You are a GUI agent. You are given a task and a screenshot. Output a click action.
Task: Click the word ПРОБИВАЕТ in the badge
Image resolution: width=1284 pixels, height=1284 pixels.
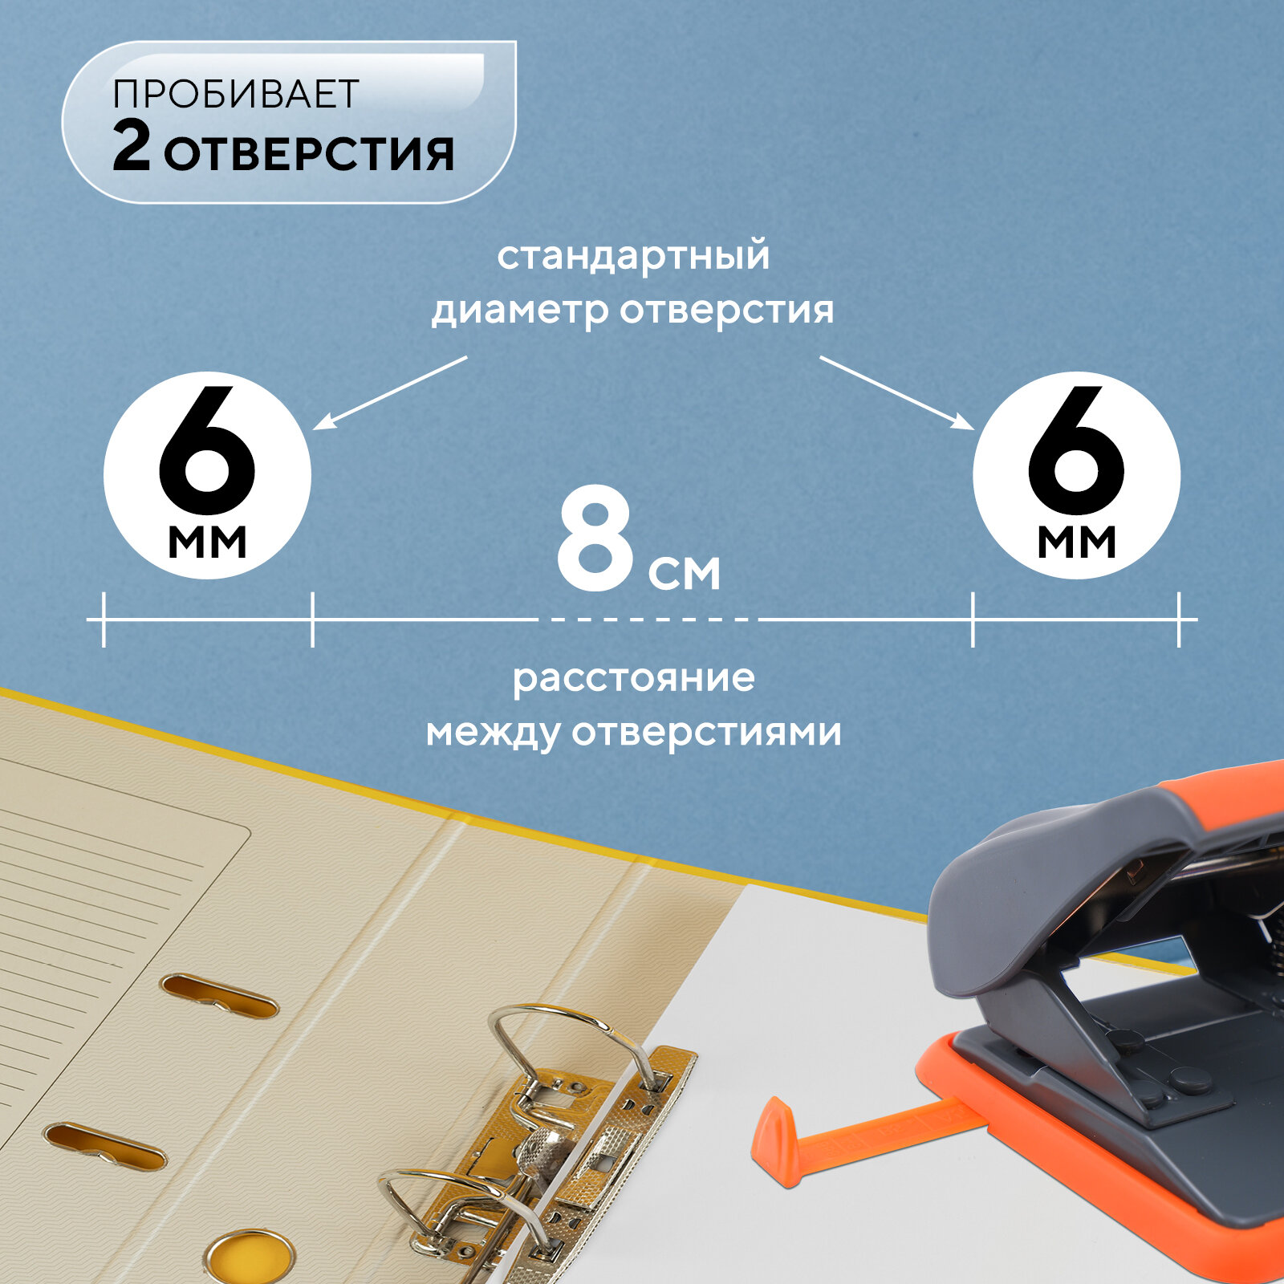[x=235, y=94]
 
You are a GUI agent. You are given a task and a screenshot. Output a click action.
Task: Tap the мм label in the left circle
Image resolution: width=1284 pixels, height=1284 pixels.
[x=207, y=542]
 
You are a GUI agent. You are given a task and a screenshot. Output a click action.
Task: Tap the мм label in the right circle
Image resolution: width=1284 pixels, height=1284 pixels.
[x=1076, y=542]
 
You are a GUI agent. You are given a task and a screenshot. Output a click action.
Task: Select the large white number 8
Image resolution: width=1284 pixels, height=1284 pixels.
[x=595, y=542]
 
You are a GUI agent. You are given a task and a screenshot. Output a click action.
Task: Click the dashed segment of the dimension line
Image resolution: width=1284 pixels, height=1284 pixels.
[x=650, y=620]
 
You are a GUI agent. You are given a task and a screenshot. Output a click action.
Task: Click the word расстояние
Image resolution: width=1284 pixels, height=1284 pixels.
[x=634, y=678]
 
